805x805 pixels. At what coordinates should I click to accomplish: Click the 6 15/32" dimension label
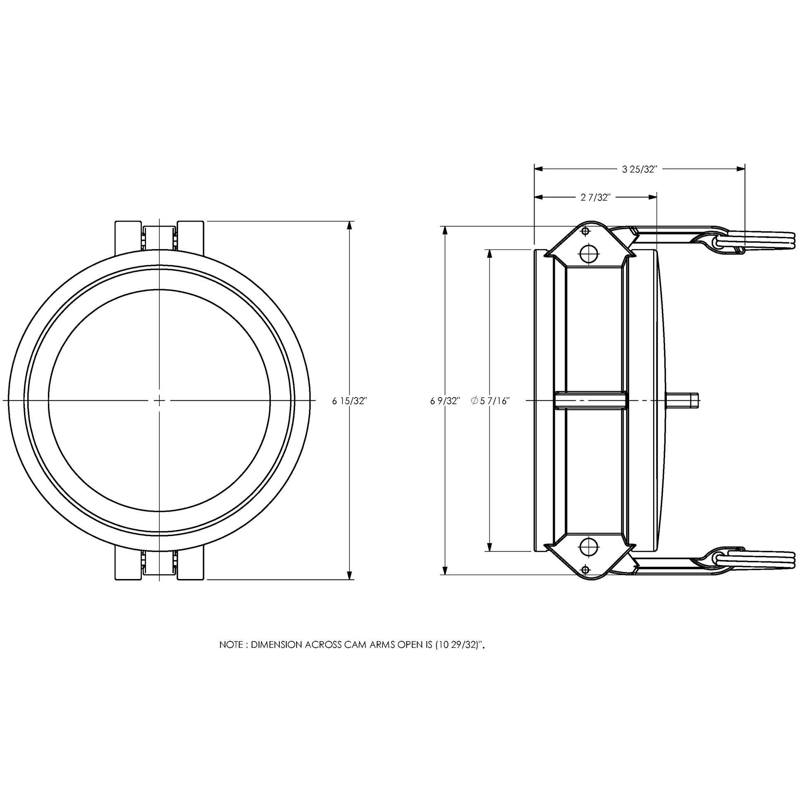[349, 401]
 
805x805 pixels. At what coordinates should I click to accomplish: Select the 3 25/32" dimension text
[639, 169]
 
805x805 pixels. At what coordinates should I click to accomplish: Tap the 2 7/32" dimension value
[595, 197]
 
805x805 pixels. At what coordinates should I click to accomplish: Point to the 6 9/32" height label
[445, 401]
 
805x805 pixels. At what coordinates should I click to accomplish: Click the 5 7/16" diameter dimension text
[495, 401]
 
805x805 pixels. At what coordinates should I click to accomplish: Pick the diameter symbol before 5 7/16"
[474, 401]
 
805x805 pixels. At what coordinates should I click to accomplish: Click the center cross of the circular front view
[159, 400]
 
